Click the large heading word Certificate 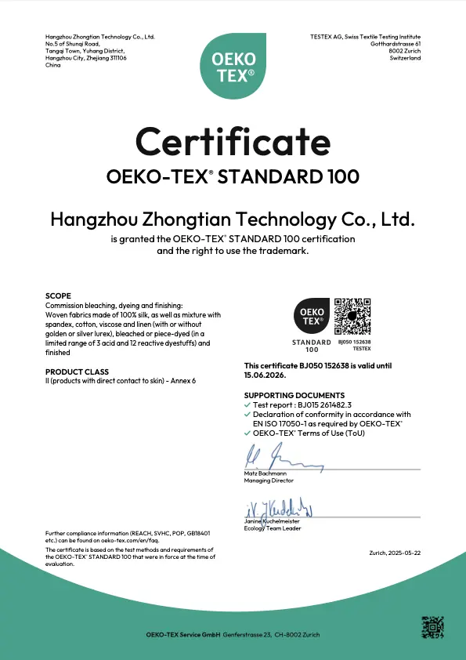233,142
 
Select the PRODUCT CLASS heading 77,372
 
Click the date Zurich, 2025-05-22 395,553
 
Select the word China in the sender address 53,65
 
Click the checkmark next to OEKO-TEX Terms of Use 247,432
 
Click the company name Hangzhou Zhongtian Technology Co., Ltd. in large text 233,219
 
